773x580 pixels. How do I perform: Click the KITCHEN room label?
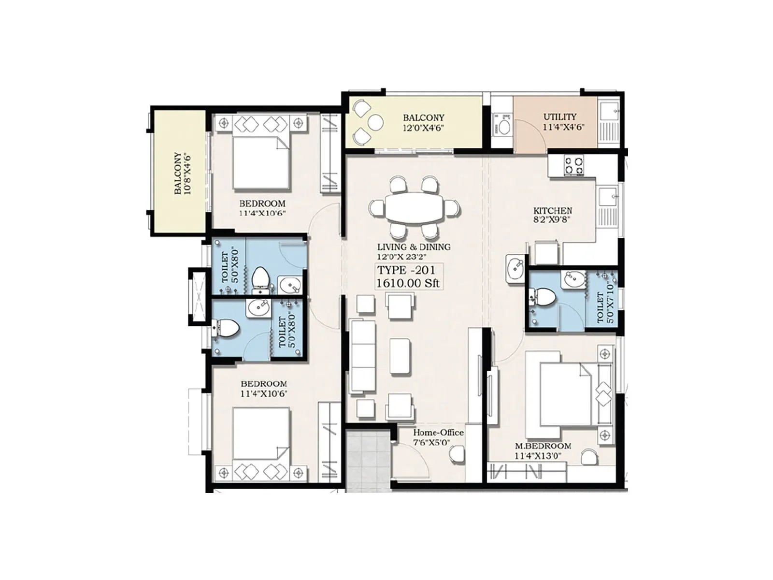tap(553, 211)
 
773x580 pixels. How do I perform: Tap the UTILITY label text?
tap(559, 117)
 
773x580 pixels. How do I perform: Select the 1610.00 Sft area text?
tap(408, 283)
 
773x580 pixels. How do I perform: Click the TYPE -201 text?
tap(406, 270)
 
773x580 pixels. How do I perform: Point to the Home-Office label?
tap(438, 433)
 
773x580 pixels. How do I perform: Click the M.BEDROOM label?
tap(543, 446)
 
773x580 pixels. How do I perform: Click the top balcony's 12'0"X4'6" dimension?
tap(423, 128)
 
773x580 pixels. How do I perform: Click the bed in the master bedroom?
tap(560, 392)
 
